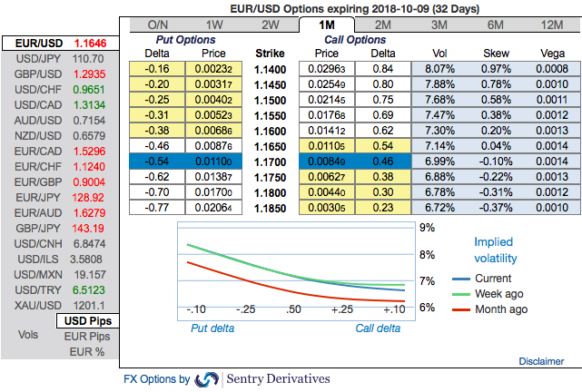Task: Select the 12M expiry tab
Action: point(549,25)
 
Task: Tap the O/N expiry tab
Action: point(158,25)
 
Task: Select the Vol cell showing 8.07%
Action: point(439,69)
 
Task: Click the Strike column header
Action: point(269,54)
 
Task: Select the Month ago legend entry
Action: point(500,309)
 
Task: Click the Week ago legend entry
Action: point(500,294)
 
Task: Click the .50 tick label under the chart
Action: point(293,309)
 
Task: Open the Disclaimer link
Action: point(541,361)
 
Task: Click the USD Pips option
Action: point(87,321)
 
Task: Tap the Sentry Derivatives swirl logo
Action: point(207,379)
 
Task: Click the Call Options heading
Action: point(355,40)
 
